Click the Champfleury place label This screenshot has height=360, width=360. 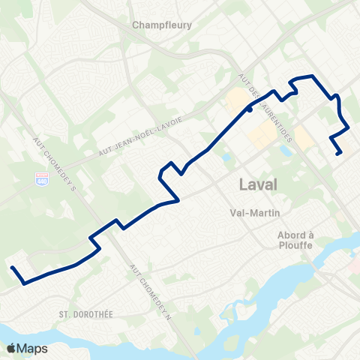(162, 24)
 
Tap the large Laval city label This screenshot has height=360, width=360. (257, 184)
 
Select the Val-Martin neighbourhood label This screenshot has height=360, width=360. (253, 211)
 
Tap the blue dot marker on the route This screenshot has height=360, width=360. (249, 109)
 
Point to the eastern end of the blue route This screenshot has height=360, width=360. (341, 154)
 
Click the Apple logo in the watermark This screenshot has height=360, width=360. (12, 348)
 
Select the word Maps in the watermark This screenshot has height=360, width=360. (33, 348)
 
